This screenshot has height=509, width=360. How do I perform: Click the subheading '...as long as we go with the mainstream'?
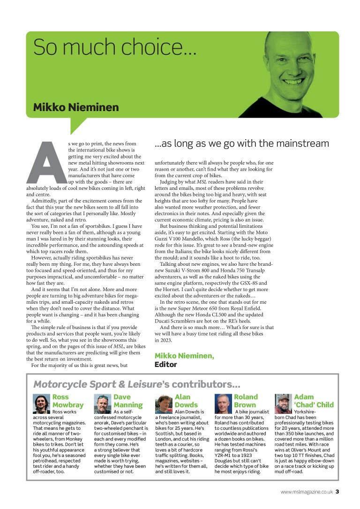click(241, 143)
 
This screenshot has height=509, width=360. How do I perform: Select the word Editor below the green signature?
click(166, 364)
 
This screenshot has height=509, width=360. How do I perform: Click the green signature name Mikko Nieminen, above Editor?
click(184, 356)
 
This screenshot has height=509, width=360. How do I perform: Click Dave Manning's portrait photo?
click(102, 403)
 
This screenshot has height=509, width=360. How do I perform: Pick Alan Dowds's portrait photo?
click(164, 403)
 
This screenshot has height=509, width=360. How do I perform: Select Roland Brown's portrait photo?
click(223, 403)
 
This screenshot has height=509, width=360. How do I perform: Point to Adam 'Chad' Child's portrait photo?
click(283, 403)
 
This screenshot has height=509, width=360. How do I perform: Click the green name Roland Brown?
click(246, 401)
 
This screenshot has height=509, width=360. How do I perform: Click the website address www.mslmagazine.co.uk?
click(307, 492)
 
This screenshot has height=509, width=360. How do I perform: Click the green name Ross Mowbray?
click(67, 401)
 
